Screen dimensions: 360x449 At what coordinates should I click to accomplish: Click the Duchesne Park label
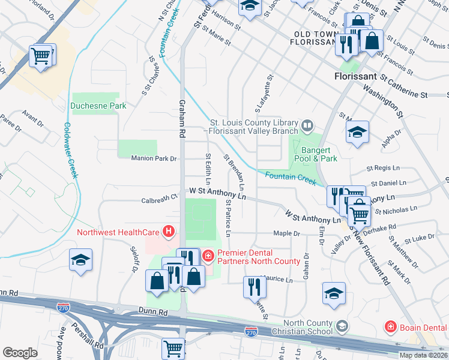(98, 106)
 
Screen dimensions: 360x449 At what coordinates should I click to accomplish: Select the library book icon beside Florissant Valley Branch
(307, 125)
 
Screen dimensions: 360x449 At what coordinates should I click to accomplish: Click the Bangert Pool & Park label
(319, 154)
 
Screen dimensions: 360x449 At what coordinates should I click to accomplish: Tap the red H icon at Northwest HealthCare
(170, 231)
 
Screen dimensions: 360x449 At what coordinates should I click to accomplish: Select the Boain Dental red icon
(390, 327)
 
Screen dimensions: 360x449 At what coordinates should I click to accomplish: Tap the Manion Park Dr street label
(154, 158)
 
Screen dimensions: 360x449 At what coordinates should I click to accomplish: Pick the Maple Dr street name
(286, 233)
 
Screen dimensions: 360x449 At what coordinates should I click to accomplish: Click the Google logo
(20, 353)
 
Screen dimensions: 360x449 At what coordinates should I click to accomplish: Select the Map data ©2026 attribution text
(423, 355)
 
